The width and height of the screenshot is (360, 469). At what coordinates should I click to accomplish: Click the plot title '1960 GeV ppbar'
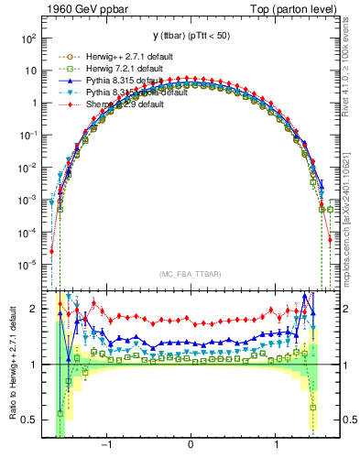(80, 9)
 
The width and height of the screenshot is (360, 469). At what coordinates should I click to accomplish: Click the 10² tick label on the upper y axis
(27, 38)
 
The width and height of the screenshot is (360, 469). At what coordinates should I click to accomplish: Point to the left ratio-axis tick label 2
(34, 310)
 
